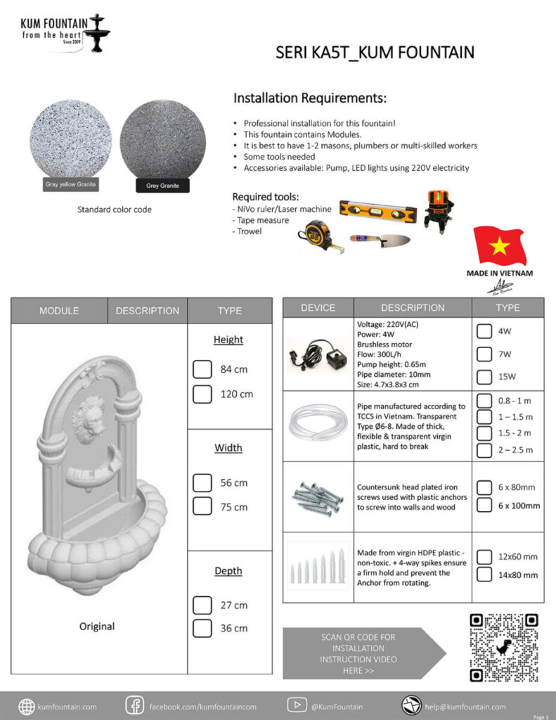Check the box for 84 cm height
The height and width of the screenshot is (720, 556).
point(202,369)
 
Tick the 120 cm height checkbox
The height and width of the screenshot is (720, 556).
point(202,394)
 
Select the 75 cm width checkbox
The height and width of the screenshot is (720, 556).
point(202,506)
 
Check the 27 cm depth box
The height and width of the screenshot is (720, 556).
point(202,605)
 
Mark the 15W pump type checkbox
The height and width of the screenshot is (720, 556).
point(484,376)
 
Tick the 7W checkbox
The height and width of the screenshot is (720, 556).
point(484,353)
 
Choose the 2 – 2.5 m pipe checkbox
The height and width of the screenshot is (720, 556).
point(484,450)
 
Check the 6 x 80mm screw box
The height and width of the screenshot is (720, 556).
point(484,487)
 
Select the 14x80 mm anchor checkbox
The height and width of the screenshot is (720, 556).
point(484,574)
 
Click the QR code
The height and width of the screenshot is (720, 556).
point(503,648)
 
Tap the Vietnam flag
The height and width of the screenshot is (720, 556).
point(500,245)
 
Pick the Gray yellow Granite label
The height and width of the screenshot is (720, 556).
point(70,184)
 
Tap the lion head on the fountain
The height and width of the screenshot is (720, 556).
point(89,416)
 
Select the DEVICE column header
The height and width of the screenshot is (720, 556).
point(318,308)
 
